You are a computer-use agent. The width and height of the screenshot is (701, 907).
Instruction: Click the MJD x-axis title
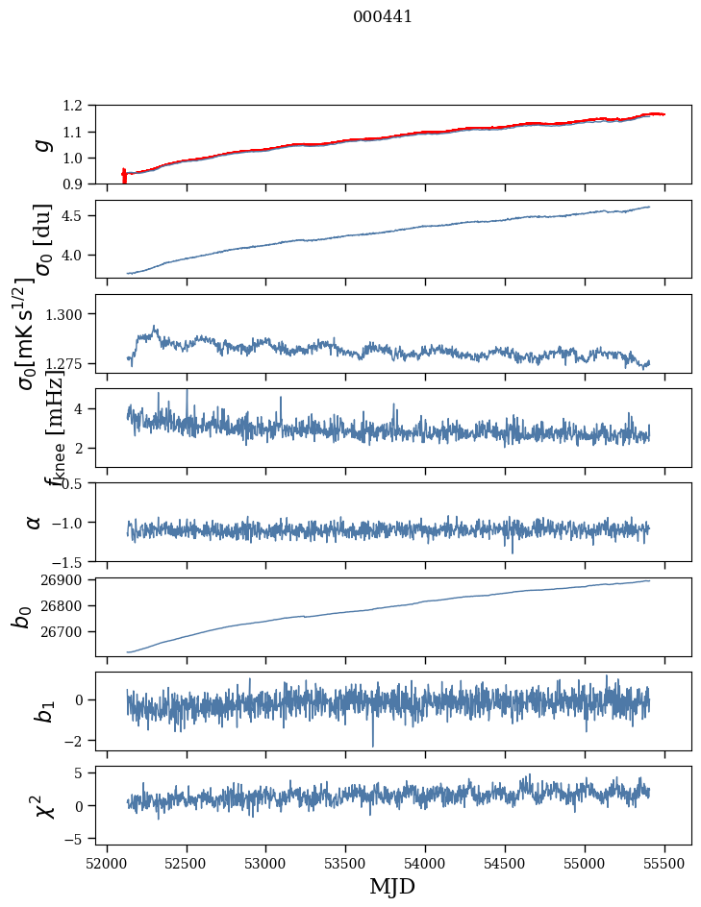pyautogui.click(x=391, y=886)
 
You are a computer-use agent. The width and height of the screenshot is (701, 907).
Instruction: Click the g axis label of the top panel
pyautogui.click(x=39, y=144)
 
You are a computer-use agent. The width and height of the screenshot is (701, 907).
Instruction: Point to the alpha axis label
pyautogui.click(x=34, y=521)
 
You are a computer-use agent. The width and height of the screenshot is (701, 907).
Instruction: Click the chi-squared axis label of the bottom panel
pyautogui.click(x=20, y=805)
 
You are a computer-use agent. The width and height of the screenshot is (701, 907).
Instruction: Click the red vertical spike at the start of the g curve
pyautogui.click(x=124, y=176)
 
